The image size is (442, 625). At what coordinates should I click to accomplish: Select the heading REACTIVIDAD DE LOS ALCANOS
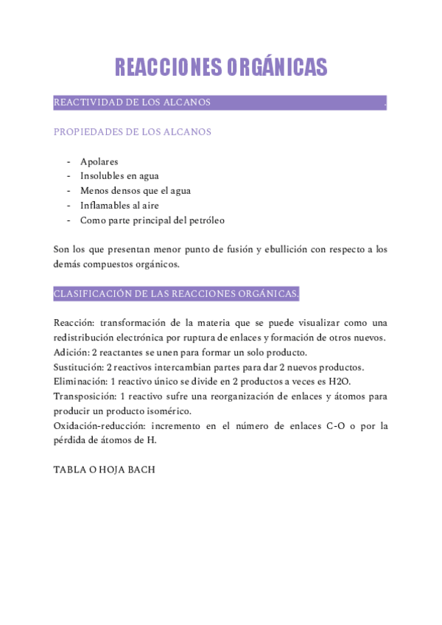point(133,102)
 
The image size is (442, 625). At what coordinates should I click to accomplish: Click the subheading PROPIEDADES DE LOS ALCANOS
point(133,132)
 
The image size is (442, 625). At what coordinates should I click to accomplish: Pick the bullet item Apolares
point(99,161)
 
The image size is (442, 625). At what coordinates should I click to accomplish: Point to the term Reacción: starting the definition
point(74,324)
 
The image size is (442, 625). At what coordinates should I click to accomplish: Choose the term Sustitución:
point(79,368)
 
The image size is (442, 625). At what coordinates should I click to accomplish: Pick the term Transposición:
point(85,397)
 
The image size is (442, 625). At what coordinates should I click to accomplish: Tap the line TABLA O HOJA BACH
point(105,469)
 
